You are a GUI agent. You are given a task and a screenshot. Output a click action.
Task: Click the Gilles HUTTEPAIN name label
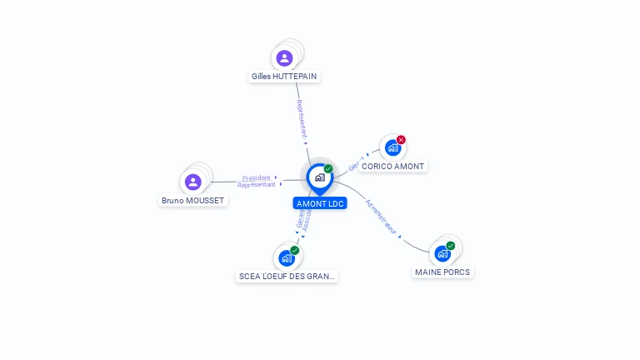click(x=284, y=76)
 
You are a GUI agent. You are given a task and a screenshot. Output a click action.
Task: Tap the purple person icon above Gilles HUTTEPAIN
click(x=284, y=57)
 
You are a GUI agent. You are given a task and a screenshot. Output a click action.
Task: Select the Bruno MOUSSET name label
click(x=192, y=200)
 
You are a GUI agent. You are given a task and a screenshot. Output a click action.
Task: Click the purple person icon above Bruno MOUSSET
click(x=192, y=182)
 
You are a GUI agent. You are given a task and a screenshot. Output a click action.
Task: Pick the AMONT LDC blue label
click(x=320, y=203)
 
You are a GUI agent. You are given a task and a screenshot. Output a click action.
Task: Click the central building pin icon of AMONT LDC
click(x=319, y=177)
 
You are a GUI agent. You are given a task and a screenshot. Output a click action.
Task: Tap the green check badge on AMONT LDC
click(x=328, y=169)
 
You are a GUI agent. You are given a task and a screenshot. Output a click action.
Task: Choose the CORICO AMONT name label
click(x=392, y=166)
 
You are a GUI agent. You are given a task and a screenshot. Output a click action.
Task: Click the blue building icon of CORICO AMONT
click(x=392, y=148)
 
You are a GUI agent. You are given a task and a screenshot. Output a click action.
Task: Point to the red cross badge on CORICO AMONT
click(x=401, y=140)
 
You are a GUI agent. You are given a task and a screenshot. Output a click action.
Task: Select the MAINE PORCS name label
click(x=442, y=272)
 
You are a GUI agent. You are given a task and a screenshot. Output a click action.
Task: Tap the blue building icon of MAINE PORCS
click(x=442, y=253)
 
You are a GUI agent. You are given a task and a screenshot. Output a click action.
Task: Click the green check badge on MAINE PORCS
click(x=451, y=246)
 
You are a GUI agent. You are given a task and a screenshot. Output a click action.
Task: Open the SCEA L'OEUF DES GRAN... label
click(x=287, y=276)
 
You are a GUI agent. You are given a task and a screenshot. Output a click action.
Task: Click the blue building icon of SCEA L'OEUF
click(x=287, y=258)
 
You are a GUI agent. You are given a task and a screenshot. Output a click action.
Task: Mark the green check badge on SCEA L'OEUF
click(x=295, y=250)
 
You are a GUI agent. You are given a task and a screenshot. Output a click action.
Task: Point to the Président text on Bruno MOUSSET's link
click(x=257, y=177)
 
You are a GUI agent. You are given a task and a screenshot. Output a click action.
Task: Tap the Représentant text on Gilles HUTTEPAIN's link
click(x=302, y=119)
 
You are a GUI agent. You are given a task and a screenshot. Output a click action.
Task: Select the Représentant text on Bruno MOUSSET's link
click(x=256, y=185)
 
